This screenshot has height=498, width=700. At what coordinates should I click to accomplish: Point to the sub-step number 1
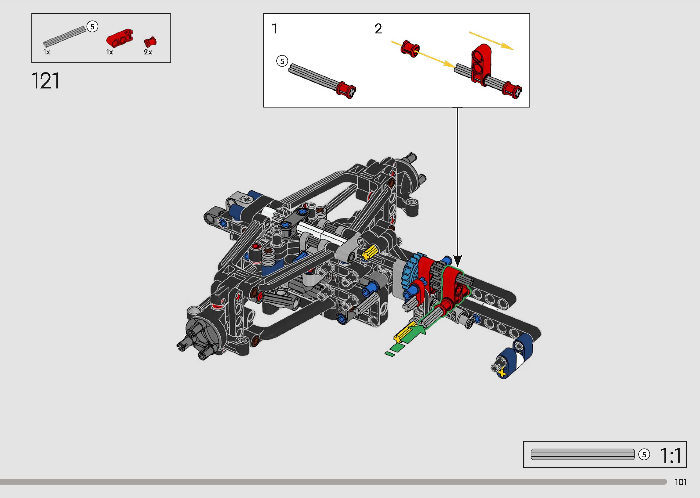pyautogui.click(x=275, y=29)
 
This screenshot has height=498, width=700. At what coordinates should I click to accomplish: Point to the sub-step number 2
pyautogui.click(x=378, y=29)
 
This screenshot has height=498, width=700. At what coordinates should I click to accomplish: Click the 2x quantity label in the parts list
pyautogui.click(x=148, y=52)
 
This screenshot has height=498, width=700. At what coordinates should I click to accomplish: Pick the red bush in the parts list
pyautogui.click(x=150, y=42)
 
